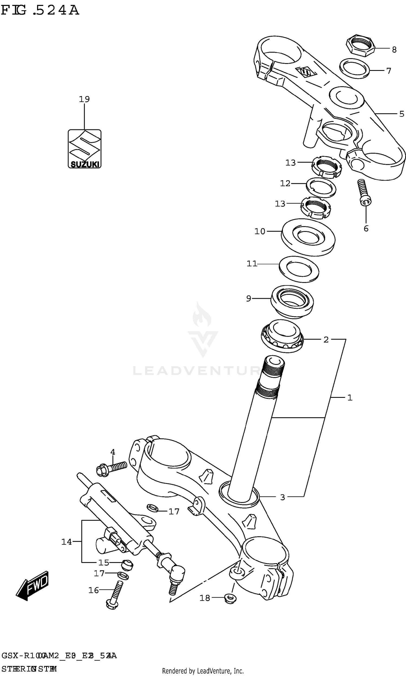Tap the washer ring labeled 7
[355, 68]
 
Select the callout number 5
[401, 114]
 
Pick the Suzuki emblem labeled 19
[84, 149]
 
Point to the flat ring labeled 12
[321, 187]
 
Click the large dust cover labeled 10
[308, 237]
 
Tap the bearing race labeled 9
[292, 302]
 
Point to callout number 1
[350, 398]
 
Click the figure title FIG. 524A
[40, 10]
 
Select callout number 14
[67, 542]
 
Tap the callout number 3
[282, 497]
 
